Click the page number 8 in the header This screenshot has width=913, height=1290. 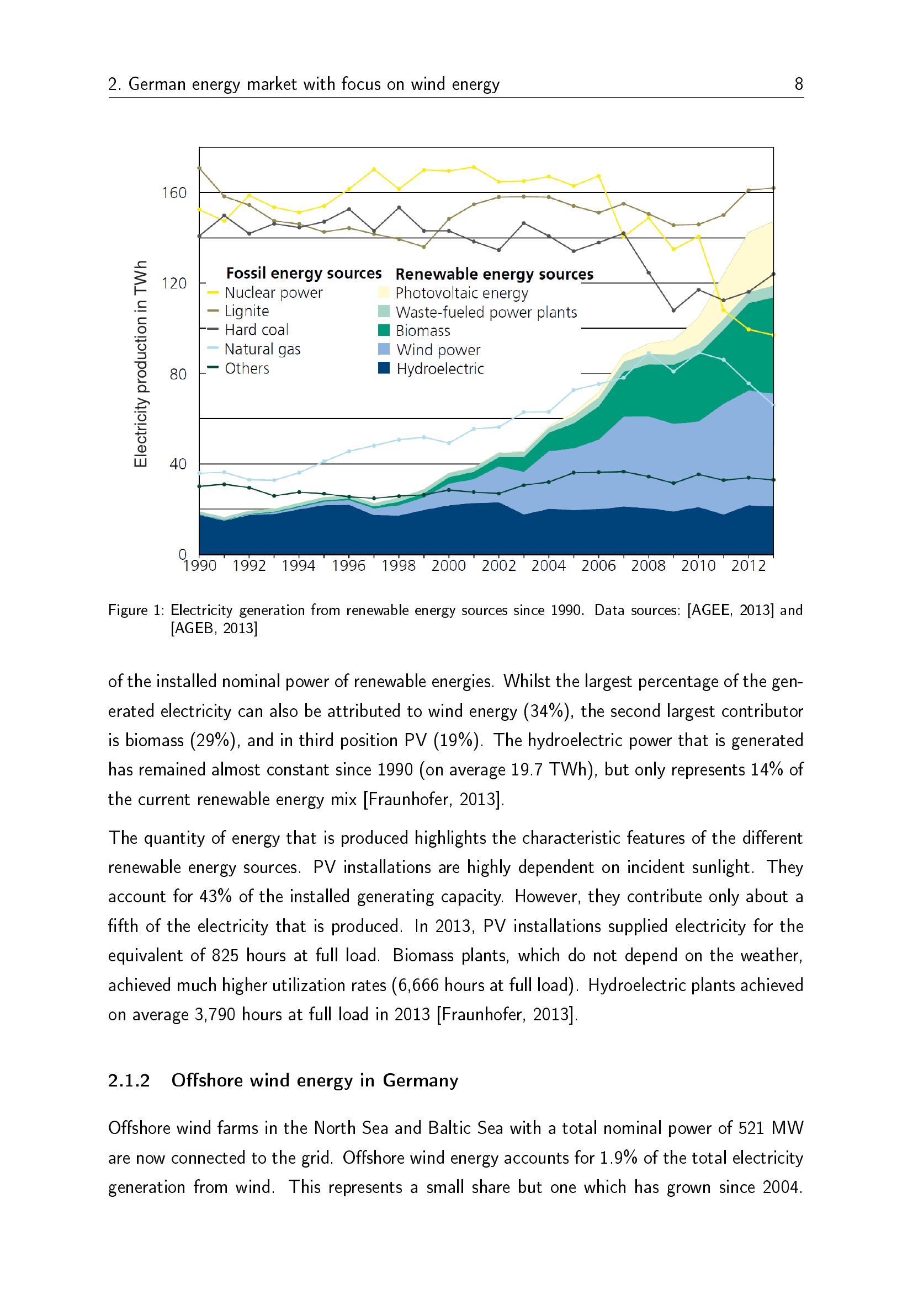click(x=798, y=84)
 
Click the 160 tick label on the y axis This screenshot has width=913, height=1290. click(x=174, y=193)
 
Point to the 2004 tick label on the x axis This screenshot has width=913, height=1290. click(x=548, y=566)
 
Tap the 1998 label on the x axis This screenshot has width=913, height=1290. click(x=398, y=566)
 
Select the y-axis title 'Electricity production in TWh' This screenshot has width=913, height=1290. click(x=141, y=363)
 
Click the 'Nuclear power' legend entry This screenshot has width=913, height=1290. click(x=273, y=293)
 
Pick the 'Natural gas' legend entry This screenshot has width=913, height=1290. click(x=262, y=350)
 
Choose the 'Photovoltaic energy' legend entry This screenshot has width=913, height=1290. click(x=461, y=293)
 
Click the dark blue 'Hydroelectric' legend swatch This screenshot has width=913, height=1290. click(x=384, y=368)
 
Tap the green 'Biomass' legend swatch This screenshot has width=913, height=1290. click(x=384, y=330)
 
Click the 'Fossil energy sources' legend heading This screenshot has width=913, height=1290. click(x=304, y=274)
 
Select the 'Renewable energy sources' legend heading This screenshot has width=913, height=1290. click(x=494, y=274)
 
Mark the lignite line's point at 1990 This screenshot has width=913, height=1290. click(x=200, y=168)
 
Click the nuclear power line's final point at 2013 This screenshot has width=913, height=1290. click(x=773, y=335)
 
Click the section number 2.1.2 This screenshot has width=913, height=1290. click(x=129, y=1080)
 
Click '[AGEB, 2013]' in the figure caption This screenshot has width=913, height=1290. click(x=214, y=628)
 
